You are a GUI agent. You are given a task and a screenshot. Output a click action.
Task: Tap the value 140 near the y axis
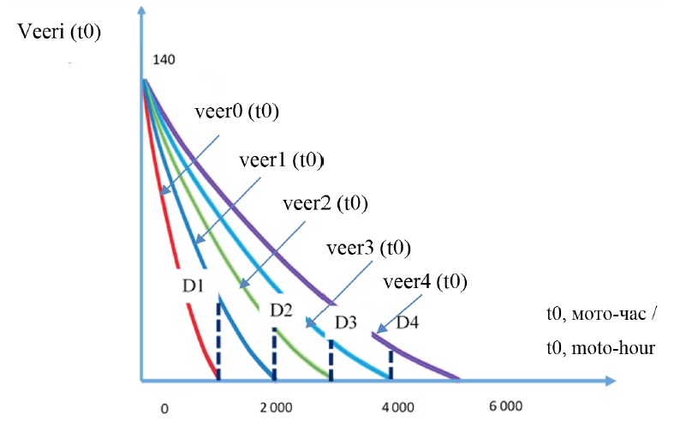(164, 62)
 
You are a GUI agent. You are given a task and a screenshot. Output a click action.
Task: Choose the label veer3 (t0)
(369, 249)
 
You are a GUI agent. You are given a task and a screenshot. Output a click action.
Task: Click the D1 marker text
(193, 284)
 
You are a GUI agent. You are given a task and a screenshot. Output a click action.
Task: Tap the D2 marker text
(282, 309)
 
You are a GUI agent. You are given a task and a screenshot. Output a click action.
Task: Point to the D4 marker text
(408, 322)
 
